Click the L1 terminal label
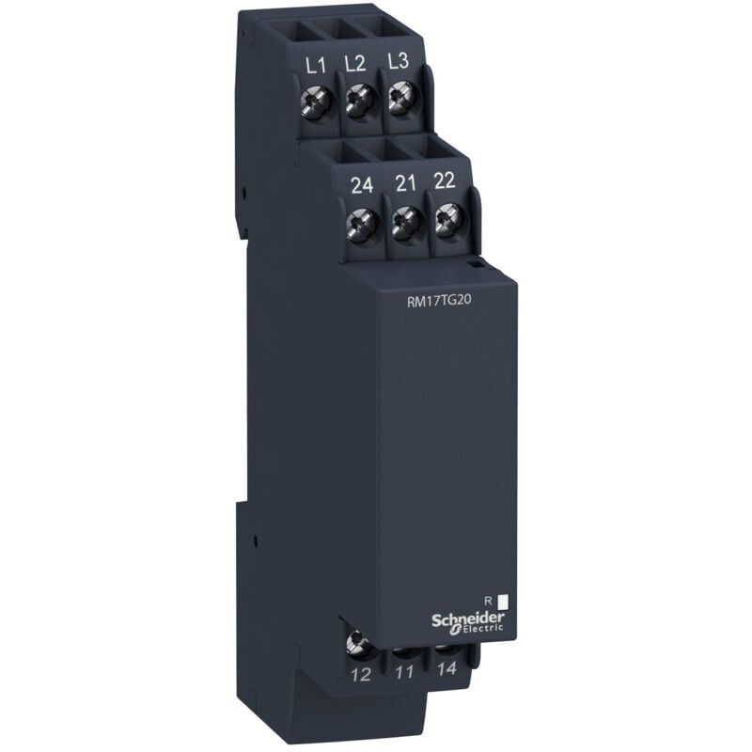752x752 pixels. [315, 66]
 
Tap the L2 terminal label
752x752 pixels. [355, 63]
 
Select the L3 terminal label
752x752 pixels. [398, 60]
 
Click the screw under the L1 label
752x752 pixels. [317, 102]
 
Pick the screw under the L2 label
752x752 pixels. [360, 99]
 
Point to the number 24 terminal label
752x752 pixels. [362, 185]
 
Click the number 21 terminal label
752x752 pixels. [405, 182]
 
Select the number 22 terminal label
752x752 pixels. [445, 180]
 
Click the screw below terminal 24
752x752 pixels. [364, 224]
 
